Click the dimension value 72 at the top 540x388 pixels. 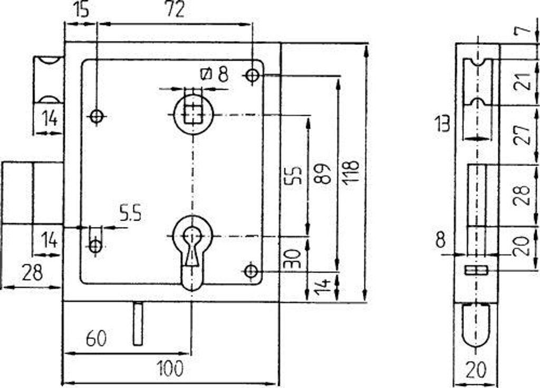click(175, 10)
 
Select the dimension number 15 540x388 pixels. click(81, 10)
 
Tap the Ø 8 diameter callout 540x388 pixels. click(214, 74)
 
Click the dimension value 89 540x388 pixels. click(323, 174)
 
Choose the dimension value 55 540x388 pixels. click(294, 176)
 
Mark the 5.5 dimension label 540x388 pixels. click(130, 213)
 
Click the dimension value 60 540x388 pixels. click(97, 338)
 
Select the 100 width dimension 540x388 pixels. click(170, 368)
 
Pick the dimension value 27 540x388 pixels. click(522, 136)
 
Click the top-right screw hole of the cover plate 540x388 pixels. click(253, 75)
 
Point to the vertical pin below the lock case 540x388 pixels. click(138, 324)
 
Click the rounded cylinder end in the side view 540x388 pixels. click(476, 325)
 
